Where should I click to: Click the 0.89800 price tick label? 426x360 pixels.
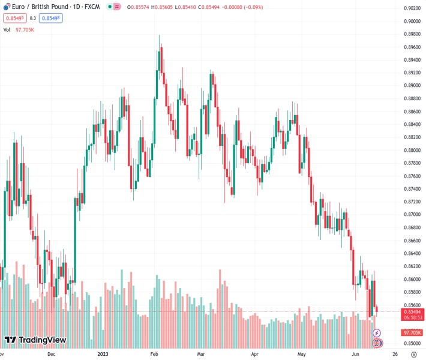412,34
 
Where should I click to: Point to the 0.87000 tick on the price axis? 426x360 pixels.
412,214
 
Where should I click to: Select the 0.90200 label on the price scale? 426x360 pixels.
412,8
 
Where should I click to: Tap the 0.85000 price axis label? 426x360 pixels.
412,343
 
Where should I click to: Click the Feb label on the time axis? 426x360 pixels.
154,354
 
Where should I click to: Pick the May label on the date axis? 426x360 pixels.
302,354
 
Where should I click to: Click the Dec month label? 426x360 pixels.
52,354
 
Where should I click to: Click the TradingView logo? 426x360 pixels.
35,340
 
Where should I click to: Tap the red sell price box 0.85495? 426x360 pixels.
13,18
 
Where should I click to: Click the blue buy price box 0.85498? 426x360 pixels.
51,18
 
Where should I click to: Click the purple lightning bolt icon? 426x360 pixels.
377,332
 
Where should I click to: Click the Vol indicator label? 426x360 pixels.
7,29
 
